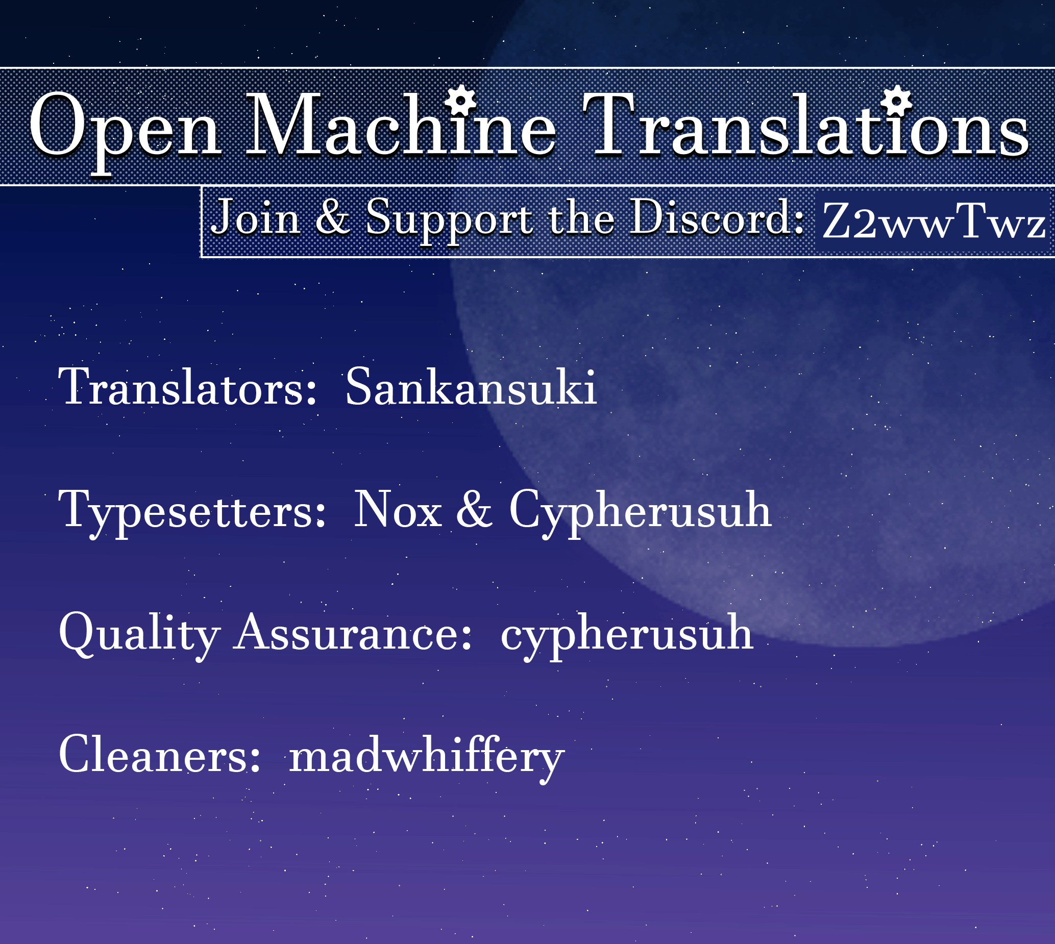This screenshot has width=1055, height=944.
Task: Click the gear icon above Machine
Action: click(461, 101)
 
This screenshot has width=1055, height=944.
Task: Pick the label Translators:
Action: click(187, 386)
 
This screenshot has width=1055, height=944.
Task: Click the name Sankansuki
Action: click(471, 386)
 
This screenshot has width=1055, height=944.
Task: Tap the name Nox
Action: click(398, 510)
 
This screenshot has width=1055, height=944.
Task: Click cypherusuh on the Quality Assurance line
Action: click(627, 636)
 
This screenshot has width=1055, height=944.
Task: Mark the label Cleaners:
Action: click(159, 754)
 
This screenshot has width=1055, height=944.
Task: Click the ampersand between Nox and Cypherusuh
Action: click(474, 510)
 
